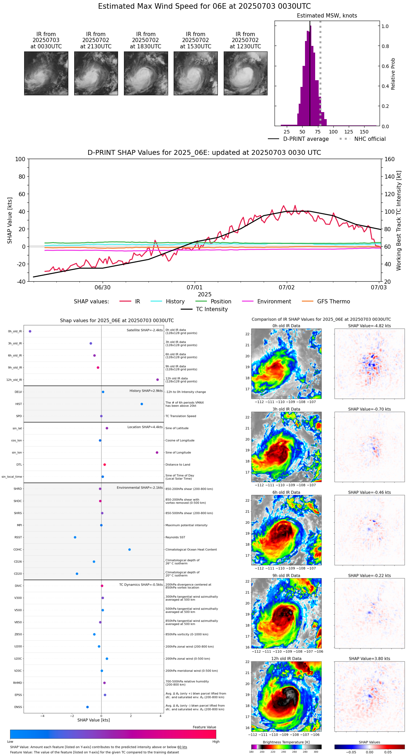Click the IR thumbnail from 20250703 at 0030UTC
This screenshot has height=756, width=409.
46,73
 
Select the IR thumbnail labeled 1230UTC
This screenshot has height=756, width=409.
245,73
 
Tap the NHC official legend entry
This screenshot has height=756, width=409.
369,139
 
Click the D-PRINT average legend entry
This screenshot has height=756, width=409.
306,139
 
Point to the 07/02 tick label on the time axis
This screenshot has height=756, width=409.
286,288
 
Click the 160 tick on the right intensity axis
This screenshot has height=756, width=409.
389,159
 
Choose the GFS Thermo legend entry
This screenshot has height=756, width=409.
333,302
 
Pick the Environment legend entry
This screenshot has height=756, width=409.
274,302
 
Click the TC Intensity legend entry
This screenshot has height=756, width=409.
212,309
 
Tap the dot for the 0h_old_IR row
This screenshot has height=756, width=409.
30,331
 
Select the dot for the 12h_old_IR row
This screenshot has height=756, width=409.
158,380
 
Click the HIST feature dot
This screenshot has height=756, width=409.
142,404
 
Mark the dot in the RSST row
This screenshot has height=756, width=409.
75,537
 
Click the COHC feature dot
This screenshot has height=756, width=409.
130,549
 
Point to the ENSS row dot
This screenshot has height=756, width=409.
88,707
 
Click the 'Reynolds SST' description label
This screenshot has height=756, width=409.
175,537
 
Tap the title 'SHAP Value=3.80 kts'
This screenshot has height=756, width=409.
369,659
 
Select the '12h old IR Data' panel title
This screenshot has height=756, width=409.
286,659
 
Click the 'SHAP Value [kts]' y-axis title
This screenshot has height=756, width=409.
10,220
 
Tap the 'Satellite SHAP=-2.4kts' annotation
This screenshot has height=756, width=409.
145,330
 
